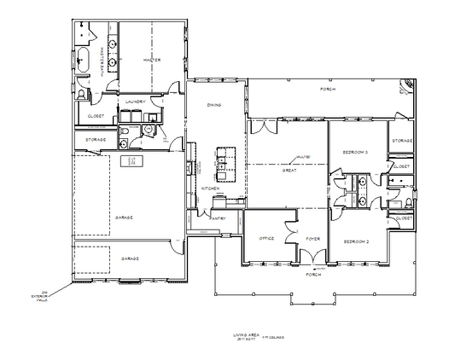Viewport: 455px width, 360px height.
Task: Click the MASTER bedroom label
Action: (152, 60)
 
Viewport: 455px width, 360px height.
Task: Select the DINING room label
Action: (215, 105)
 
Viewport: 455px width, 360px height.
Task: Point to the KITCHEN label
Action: (211, 189)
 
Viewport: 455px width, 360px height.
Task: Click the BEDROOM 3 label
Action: (355, 152)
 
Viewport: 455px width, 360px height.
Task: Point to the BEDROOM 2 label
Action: (355, 241)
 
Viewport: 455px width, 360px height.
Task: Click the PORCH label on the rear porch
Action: (327, 89)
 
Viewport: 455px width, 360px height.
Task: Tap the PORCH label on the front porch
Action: (313, 276)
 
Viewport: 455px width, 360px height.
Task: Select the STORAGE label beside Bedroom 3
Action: (402, 140)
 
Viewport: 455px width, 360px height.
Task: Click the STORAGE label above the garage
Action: (95, 140)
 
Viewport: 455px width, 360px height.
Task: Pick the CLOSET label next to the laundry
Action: (95, 118)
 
